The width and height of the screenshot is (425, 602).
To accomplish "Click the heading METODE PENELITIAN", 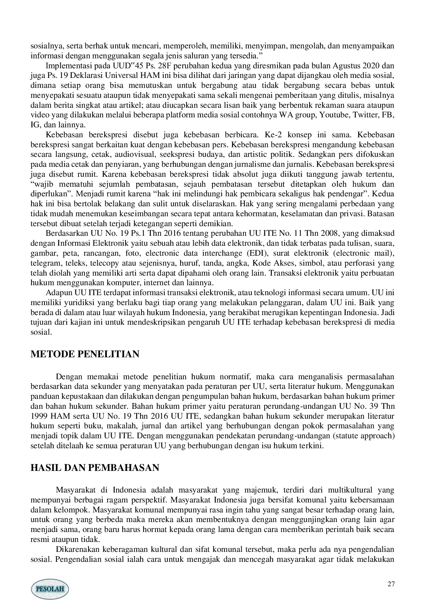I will tap(85, 354).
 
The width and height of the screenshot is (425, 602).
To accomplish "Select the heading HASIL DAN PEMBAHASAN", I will tap(95, 468).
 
